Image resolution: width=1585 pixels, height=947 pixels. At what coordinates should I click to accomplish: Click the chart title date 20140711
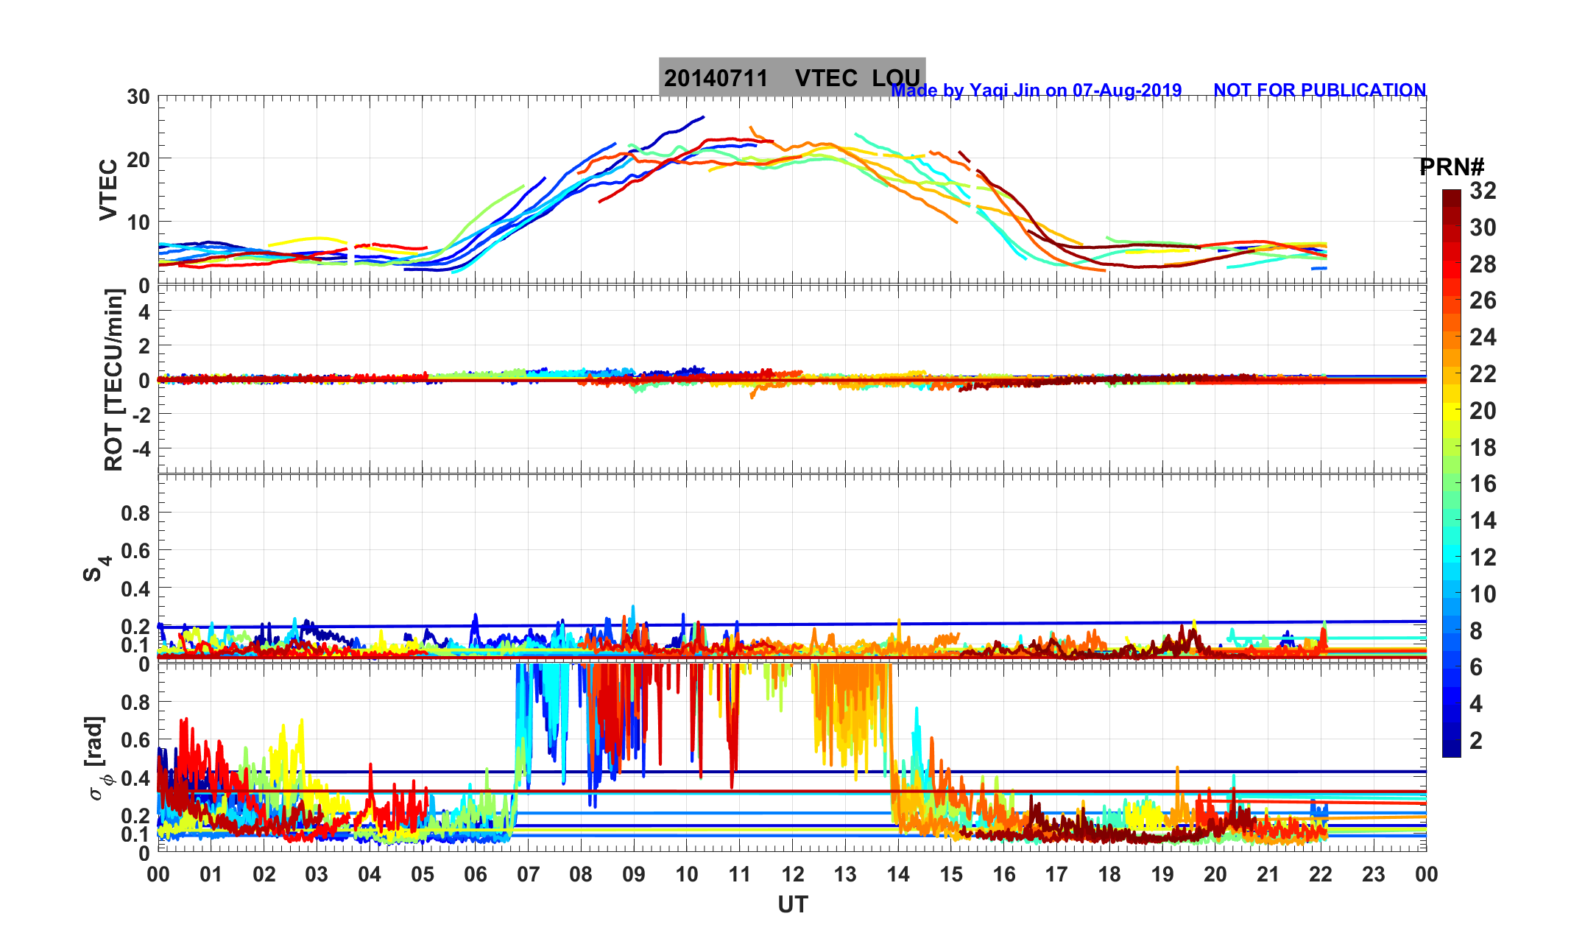[716, 78]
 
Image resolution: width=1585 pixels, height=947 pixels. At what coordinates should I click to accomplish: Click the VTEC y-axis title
[108, 190]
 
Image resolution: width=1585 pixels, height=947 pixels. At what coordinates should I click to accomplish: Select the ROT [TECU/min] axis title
[114, 380]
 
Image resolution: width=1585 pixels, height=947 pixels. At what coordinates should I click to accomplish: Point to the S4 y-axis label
[96, 568]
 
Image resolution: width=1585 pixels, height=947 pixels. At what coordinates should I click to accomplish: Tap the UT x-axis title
[793, 904]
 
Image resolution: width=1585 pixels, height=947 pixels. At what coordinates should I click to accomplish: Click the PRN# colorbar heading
[1451, 168]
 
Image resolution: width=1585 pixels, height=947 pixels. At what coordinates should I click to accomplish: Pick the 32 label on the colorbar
[1483, 191]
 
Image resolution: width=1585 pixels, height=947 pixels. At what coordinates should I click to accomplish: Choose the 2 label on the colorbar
[1476, 741]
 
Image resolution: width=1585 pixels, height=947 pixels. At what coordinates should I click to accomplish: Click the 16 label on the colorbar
[1483, 484]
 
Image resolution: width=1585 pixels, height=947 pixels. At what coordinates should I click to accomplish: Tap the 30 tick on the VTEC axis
[138, 97]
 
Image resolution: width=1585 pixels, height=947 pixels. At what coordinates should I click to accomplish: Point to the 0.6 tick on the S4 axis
[135, 551]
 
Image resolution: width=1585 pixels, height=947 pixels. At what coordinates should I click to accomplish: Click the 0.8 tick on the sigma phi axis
[135, 703]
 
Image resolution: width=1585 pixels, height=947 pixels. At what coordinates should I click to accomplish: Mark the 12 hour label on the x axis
[793, 875]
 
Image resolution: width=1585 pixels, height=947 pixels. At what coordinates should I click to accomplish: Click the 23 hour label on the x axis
[1374, 875]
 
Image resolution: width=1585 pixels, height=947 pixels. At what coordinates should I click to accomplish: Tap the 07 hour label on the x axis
[529, 875]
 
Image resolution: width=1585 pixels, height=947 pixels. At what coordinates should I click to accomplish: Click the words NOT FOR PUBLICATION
[1319, 91]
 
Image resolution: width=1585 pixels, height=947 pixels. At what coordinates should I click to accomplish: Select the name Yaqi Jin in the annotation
[1003, 91]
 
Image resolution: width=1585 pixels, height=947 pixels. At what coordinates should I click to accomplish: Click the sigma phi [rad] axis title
[97, 758]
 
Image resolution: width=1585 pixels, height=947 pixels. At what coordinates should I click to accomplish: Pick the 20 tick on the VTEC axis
[138, 159]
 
